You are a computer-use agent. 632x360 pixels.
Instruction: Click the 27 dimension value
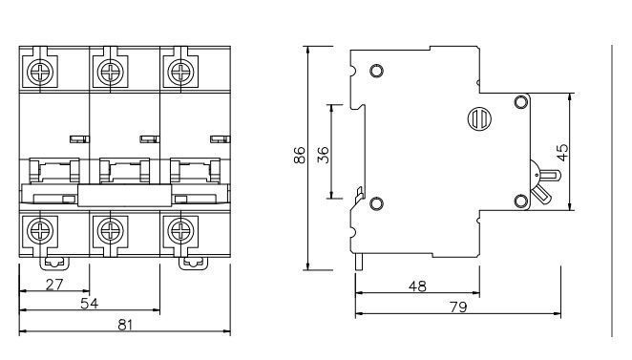pos(54,285)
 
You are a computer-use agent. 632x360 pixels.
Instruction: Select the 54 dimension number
pos(89,303)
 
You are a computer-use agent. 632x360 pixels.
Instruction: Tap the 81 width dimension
pos(125,325)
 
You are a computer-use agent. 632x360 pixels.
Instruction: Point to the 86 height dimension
pos(300,156)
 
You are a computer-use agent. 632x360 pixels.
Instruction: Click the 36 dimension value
pos(324,155)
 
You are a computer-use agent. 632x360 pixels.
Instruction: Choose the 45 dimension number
pos(562,152)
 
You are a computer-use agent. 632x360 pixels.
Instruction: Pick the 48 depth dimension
pos(417,286)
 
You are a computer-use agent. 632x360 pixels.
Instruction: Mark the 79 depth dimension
pos(458,307)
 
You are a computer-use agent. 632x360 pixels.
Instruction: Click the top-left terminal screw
pos(40,73)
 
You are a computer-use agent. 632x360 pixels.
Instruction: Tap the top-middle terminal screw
pos(111,73)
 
